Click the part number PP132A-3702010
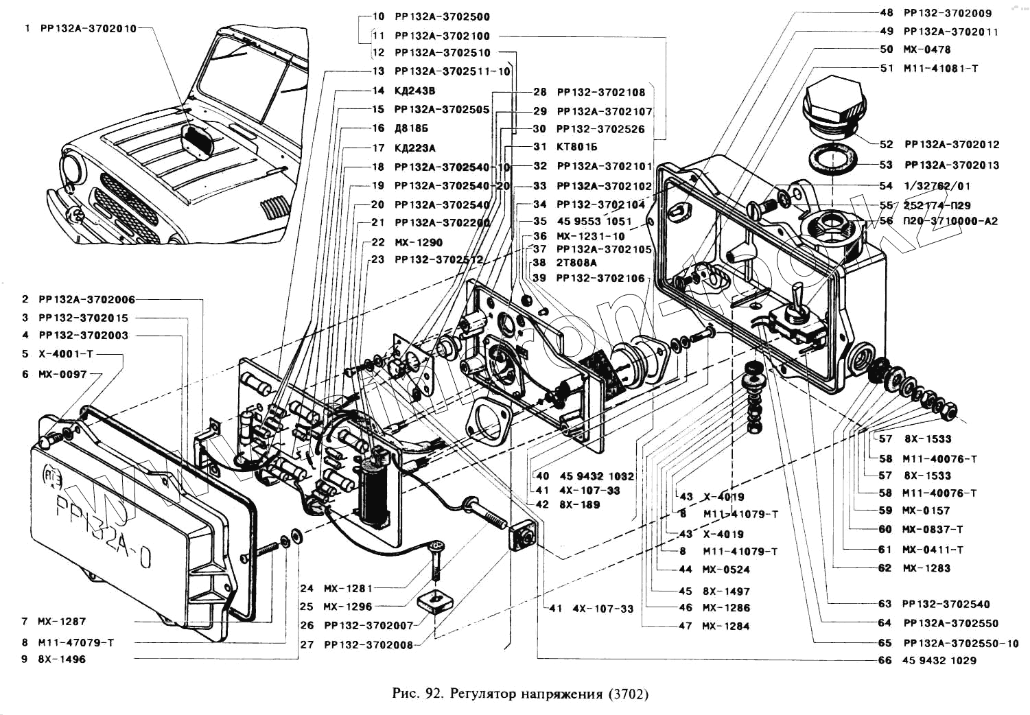point(89,29)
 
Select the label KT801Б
point(577,147)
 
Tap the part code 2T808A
point(576,263)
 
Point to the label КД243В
point(414,91)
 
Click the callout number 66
point(885,660)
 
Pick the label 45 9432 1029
point(939,660)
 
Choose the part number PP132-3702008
point(368,645)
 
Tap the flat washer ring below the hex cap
point(832,159)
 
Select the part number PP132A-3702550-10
point(961,643)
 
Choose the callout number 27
point(307,645)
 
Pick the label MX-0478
point(926,49)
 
